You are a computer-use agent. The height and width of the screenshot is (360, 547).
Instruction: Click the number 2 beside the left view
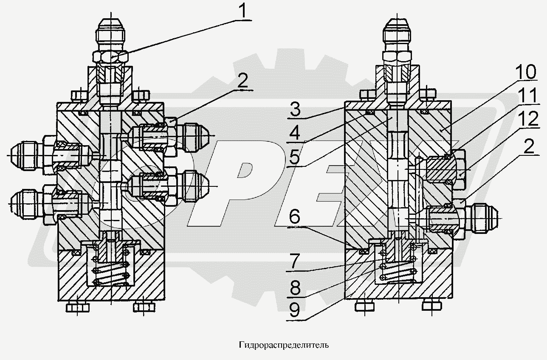(x=243, y=81)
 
